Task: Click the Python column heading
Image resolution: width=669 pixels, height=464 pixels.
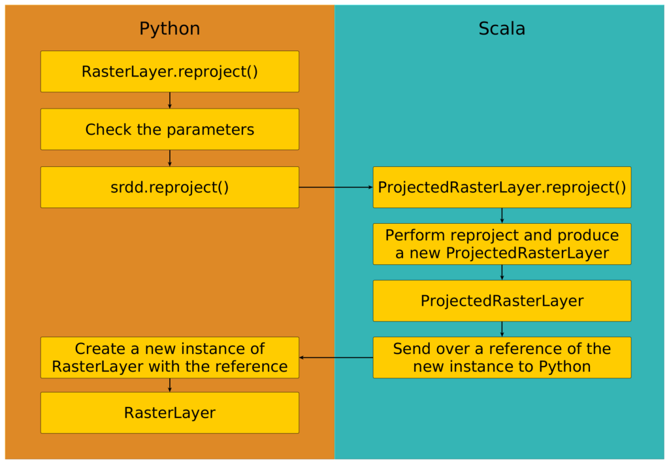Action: pos(169,29)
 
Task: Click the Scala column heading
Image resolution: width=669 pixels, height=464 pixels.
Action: pos(502,29)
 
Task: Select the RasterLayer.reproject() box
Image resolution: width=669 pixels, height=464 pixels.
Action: pos(170,71)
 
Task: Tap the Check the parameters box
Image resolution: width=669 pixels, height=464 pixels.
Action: pos(170,129)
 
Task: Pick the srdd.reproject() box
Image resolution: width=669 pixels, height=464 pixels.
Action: pos(170,187)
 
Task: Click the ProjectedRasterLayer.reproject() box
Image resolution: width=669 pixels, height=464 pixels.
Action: pos(502,187)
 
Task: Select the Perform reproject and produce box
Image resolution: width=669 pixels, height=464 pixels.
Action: pos(502,244)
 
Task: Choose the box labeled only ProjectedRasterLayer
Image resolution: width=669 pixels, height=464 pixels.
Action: pos(502,301)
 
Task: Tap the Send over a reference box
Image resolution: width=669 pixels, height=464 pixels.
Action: pos(502,357)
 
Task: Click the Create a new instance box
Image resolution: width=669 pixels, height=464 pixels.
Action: pos(170,357)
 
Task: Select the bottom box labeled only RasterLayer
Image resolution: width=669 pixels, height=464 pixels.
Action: pos(170,413)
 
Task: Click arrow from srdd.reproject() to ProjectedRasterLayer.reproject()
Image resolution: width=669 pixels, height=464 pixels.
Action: pos(336,187)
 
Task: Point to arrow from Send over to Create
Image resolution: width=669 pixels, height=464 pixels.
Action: pos(336,357)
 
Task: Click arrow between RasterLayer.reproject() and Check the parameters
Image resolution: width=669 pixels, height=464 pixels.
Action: pos(170,100)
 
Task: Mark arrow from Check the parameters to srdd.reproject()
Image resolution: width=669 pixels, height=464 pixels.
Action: pos(170,158)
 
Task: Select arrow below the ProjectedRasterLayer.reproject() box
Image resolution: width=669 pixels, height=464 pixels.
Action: pos(502,215)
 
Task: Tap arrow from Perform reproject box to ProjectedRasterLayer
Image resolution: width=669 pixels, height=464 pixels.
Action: pos(502,272)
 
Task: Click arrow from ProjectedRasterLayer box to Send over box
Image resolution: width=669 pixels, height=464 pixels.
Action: pos(502,329)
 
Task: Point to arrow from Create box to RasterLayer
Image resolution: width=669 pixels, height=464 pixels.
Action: pos(170,385)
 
